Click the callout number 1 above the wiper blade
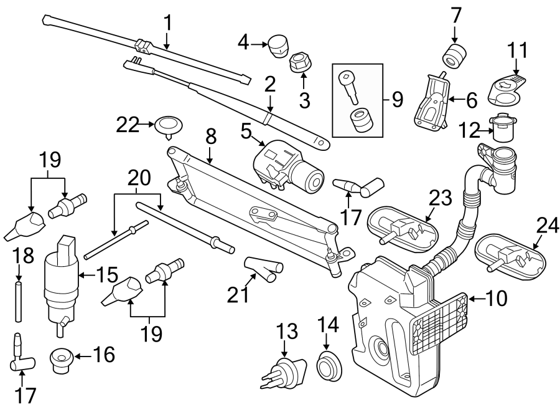click(167, 23)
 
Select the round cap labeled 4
click(276, 44)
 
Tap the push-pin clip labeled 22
click(167, 125)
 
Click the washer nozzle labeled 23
click(401, 226)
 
